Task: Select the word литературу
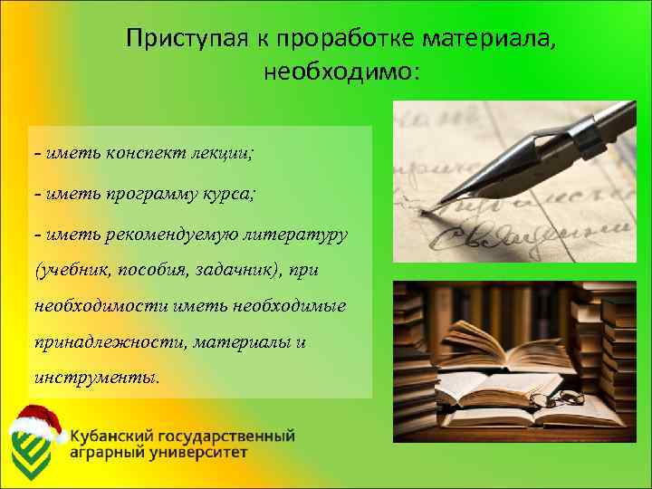coord(292,235)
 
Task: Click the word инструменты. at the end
coord(95,375)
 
